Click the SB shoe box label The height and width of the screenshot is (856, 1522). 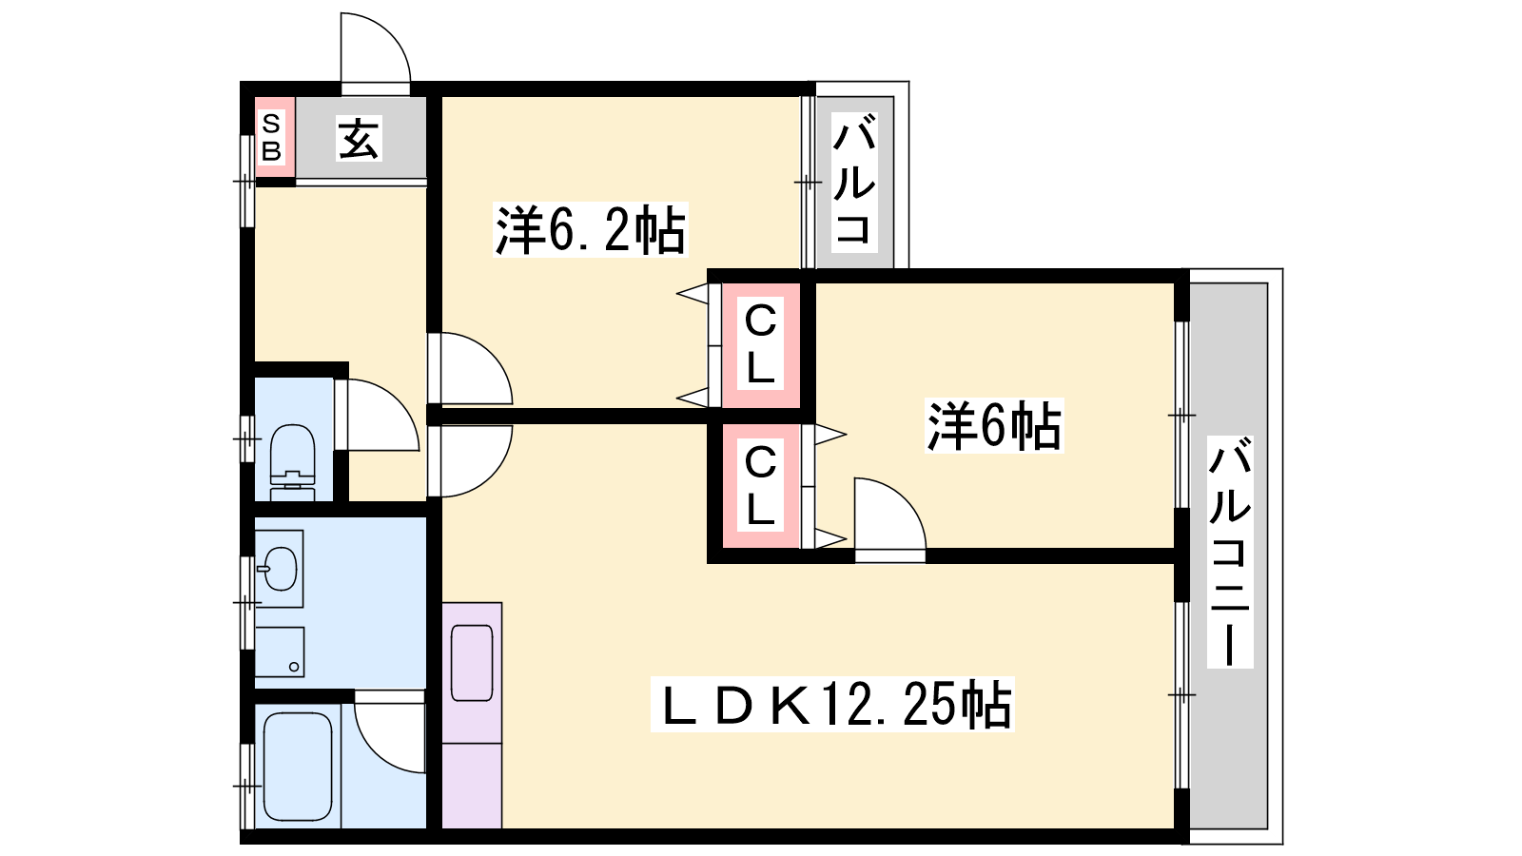tap(271, 138)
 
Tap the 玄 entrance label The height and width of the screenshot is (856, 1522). tap(358, 139)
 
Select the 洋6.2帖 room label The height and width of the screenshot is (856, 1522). tap(590, 229)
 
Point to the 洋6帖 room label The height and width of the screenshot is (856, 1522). tap(993, 426)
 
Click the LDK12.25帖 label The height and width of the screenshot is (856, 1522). tap(832, 705)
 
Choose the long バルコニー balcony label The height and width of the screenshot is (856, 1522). tap(1230, 553)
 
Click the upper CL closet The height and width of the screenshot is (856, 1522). tap(760, 345)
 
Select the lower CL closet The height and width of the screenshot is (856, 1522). tap(760, 486)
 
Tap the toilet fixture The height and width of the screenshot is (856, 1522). tap(293, 463)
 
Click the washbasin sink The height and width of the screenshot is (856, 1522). tap(280, 569)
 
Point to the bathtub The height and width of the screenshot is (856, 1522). tap(298, 767)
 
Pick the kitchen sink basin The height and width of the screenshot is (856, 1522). tap(472, 663)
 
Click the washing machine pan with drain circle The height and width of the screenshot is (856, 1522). tap(280, 652)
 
